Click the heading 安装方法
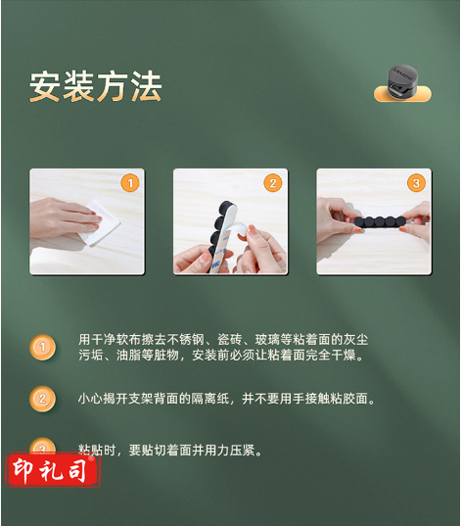point(96,86)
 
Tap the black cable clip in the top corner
point(402,79)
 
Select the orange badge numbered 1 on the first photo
point(130,183)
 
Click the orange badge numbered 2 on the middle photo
point(273,183)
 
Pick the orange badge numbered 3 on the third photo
point(416,183)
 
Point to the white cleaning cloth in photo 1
point(101,223)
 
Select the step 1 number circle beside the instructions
point(43,347)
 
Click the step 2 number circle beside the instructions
point(43,399)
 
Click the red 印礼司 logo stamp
point(52,470)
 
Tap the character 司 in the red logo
point(78,470)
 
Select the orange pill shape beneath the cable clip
point(402,94)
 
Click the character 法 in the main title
point(147,86)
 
